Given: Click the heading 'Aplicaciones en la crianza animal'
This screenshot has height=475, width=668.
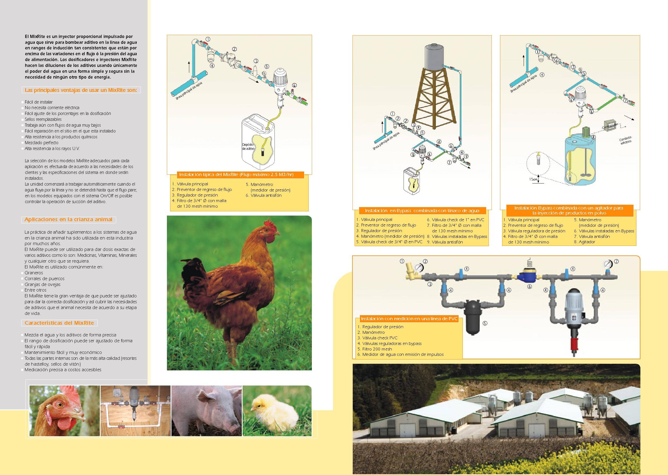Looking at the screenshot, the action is coord(68,219).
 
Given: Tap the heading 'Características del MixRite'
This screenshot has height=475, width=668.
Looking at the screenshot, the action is coord(59,323).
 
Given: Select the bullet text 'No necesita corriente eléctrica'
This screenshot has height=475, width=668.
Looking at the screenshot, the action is coord(52,108).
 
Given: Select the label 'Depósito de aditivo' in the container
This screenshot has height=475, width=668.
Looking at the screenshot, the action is coord(248,147).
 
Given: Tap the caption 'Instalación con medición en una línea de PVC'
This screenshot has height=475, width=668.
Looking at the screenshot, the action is coord(409,319).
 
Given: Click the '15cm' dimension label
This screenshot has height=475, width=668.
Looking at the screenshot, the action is coord(533,179).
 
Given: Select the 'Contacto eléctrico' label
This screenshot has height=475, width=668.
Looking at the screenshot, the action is coord(625,140).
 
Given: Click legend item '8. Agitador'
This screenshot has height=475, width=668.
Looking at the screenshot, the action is coord(584,242).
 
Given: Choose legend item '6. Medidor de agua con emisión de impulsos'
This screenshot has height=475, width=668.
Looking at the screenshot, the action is coord(400,354).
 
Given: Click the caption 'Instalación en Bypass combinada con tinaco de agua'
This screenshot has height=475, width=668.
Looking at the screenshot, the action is coord(422,211).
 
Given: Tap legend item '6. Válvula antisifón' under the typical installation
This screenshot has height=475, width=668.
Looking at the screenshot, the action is coord(264,195).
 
